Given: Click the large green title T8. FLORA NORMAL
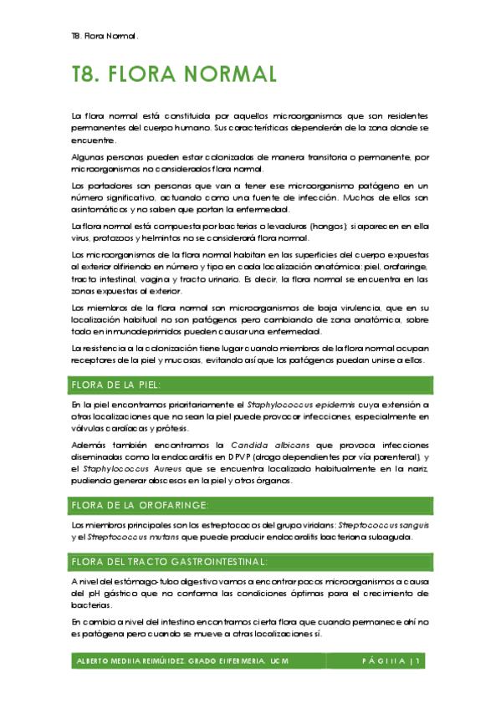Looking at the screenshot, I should pyautogui.click(x=174, y=75).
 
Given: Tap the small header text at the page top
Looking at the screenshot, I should pyautogui.click(x=105, y=37).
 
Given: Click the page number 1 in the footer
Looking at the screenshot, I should pyautogui.click(x=426, y=661).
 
